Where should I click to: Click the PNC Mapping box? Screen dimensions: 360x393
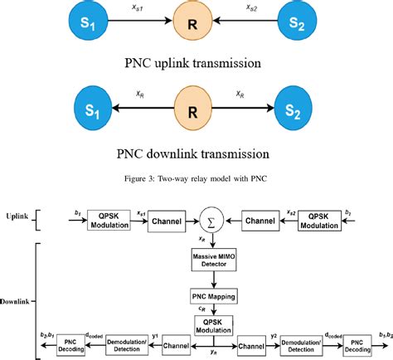click(x=213, y=295)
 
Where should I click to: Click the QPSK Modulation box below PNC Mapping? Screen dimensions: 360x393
click(x=213, y=324)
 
